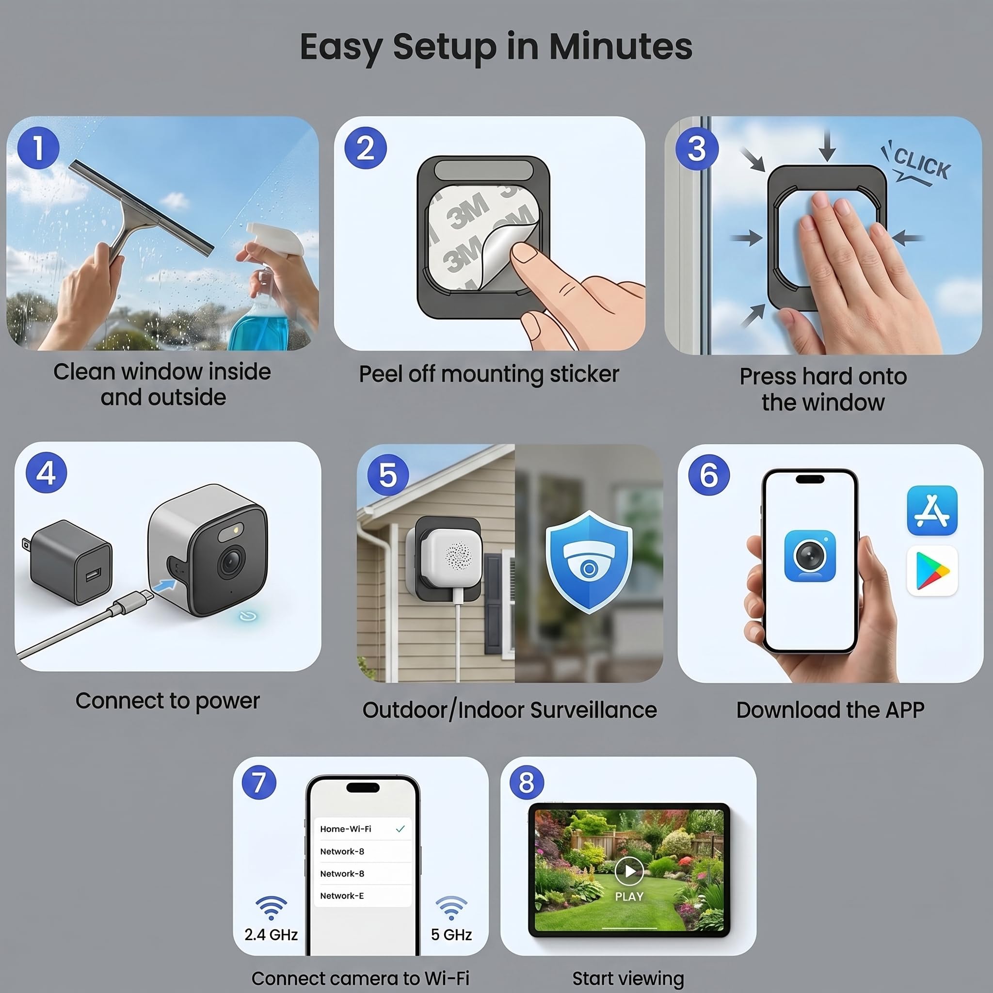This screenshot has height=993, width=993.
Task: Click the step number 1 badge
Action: [x=38, y=148]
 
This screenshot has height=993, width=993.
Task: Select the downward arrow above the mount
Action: [x=827, y=145]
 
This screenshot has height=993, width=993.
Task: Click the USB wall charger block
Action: [x=68, y=562]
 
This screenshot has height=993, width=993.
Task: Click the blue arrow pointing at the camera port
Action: [x=164, y=586]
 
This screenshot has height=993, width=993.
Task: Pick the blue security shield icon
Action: [x=589, y=562]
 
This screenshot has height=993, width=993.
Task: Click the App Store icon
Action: [x=932, y=511]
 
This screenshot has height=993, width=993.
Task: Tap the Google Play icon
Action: [x=932, y=571]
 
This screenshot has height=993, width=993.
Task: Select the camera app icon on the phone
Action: [x=810, y=556]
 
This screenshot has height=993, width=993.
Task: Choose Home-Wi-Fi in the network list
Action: [x=345, y=829]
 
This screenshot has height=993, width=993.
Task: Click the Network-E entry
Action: [x=342, y=896]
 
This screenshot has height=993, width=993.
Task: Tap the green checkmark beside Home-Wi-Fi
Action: [x=400, y=829]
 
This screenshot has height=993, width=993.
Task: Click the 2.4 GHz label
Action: [x=271, y=934]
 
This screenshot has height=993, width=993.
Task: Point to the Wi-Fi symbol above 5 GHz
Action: [x=451, y=908]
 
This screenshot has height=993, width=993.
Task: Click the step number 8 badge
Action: [x=526, y=783]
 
